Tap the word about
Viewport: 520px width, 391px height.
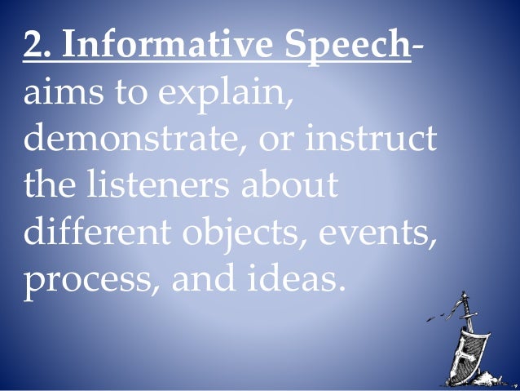point(289,186)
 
